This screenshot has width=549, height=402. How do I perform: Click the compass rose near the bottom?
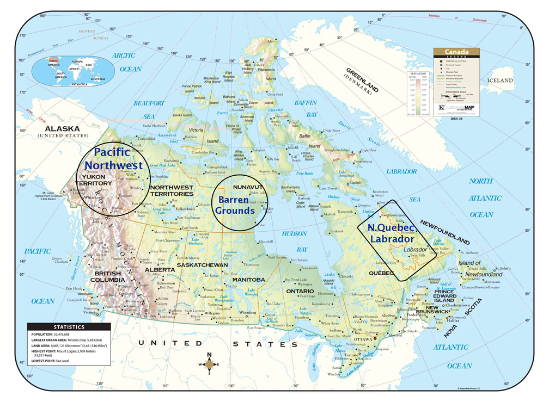tap(210, 365)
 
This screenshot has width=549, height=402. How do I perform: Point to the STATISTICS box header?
tap(69, 326)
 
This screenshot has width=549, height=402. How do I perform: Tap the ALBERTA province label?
tap(159, 270)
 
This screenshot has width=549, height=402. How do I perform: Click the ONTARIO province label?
tap(299, 290)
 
